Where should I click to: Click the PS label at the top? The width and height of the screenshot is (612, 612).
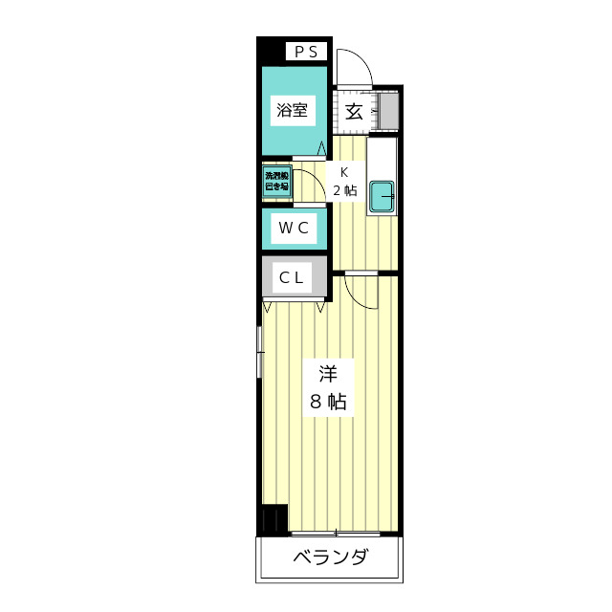coord(306,52)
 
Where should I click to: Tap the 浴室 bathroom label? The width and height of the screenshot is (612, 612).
coord(293,110)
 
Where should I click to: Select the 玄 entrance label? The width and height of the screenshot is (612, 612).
coord(353,111)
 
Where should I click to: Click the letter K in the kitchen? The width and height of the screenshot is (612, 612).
coord(344,172)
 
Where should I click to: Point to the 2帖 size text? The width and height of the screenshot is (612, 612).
coord(344,190)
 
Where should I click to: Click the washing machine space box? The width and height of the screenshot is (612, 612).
coord(275,182)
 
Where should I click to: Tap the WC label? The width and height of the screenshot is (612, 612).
coord(293,228)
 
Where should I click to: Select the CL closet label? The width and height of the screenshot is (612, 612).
coord(292,278)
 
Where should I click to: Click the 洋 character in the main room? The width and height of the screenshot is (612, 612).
coord(327,372)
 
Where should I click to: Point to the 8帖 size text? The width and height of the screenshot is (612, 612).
coord(327,402)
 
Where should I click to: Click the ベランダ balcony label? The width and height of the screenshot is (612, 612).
coord(330,557)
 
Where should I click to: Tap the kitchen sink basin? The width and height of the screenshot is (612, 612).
coord(382,196)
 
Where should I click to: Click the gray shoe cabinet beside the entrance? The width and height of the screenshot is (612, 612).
coord(388,111)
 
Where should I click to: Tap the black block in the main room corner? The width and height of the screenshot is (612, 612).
coord(273,518)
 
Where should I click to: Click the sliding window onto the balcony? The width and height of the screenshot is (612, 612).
coord(336,533)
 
